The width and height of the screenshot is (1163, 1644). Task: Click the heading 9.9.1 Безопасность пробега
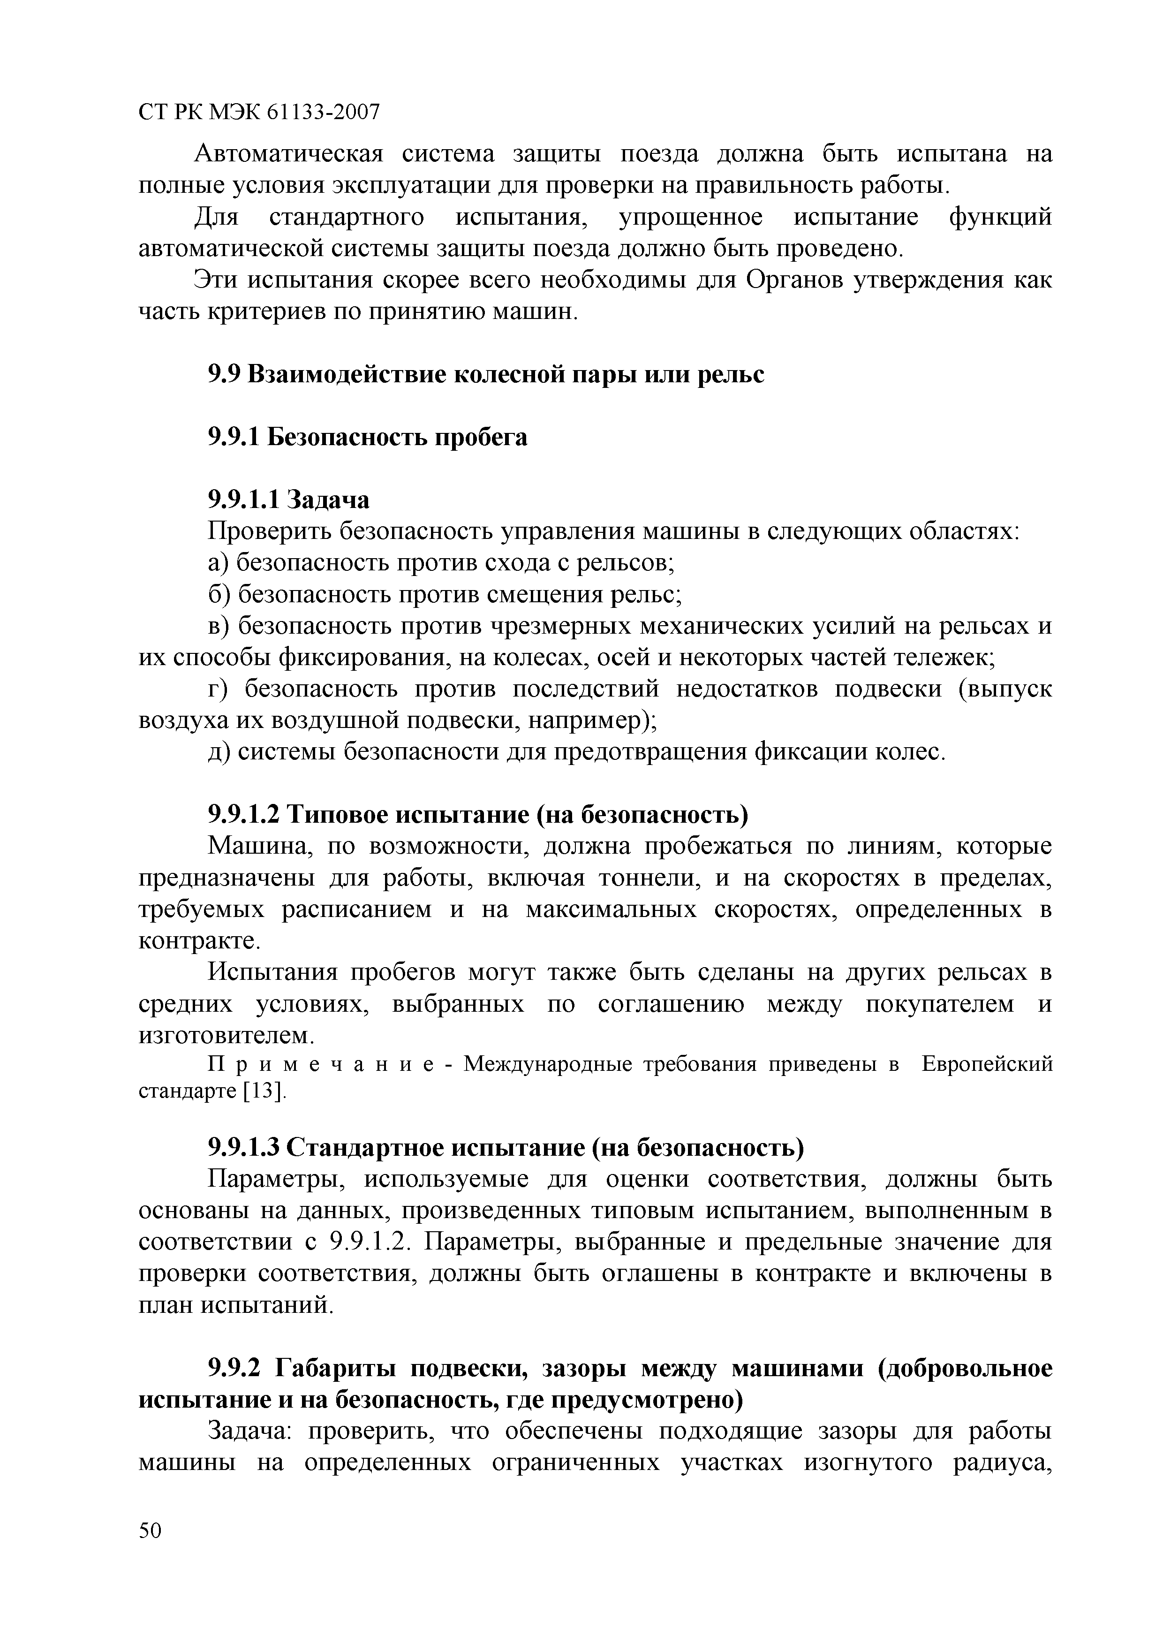367,436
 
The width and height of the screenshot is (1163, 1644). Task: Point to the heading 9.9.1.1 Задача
288,499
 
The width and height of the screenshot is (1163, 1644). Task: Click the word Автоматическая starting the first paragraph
289,153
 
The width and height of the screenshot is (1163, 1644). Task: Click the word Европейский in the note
986,1064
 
